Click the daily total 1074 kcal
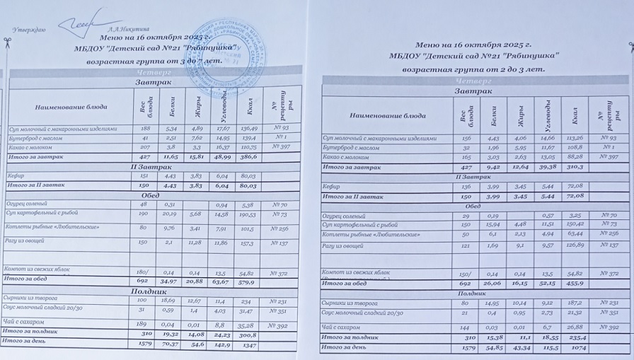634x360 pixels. pyautogui.click(x=579, y=349)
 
